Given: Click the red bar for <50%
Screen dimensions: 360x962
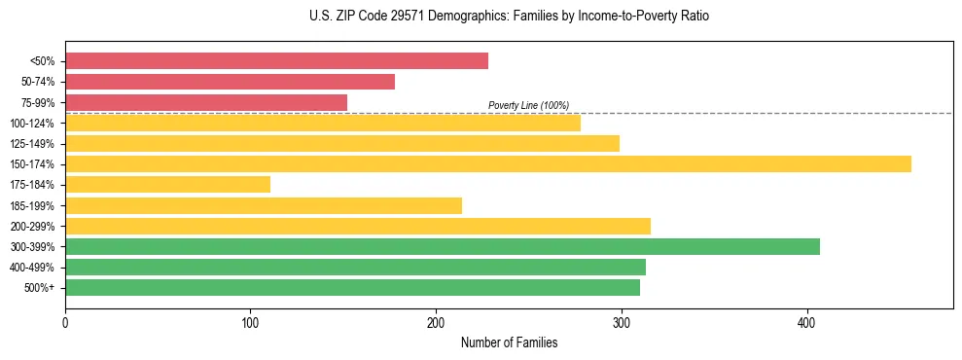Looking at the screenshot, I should click(276, 61).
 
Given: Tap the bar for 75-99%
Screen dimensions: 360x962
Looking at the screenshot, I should click(206, 102).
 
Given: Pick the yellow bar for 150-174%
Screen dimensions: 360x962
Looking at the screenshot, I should click(488, 163).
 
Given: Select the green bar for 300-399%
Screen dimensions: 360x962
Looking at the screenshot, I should click(443, 246).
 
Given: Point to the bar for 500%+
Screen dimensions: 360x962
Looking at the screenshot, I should click(352, 287).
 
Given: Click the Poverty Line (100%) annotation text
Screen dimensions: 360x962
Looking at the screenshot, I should click(528, 105).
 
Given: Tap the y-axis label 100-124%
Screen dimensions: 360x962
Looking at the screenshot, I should click(32, 124).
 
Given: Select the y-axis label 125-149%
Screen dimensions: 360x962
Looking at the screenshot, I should click(32, 144).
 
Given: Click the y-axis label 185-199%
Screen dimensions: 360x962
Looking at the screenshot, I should click(32, 205).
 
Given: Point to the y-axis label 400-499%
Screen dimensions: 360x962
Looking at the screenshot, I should click(32, 268).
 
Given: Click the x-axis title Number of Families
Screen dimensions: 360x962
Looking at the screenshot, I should click(509, 342).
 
